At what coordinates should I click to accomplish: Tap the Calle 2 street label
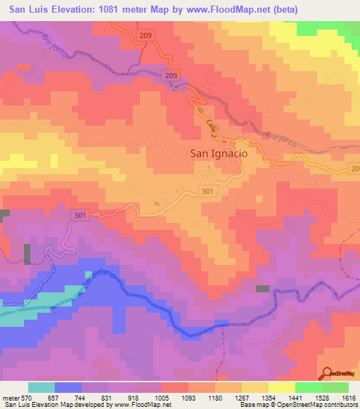point(212,129)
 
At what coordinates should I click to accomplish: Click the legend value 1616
point(349,397)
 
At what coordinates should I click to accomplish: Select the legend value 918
point(134,397)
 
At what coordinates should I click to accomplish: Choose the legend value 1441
point(295,397)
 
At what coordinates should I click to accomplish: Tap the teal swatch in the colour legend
point(41,387)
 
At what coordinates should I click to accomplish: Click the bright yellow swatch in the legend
point(281,387)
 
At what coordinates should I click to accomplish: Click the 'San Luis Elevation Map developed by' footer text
point(59,405)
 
